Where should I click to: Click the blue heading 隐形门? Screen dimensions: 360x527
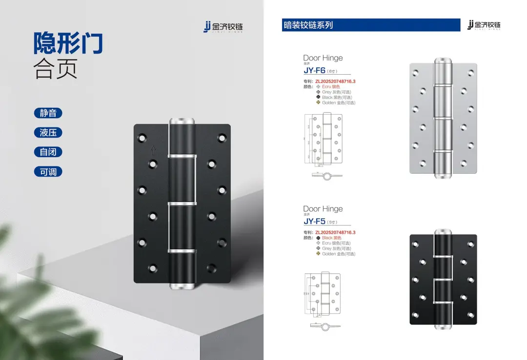coord(68,43)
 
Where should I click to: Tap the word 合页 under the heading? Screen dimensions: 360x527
coord(55,70)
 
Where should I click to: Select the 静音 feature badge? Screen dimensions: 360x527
coord(48,113)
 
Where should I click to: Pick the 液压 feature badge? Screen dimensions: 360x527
coord(48,133)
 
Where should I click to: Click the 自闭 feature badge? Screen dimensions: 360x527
coord(48,152)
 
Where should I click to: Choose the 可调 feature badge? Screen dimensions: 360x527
coord(48,172)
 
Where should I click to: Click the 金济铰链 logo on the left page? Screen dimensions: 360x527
coord(223,27)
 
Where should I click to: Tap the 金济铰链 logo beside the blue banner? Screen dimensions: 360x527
coord(484,25)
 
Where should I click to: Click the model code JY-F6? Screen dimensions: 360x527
coord(314,70)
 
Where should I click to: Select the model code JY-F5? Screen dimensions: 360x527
coord(314,221)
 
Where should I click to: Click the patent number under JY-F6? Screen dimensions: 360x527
coord(335,81)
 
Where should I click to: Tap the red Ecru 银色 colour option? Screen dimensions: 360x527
coord(331,87)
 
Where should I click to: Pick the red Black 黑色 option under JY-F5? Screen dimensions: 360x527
coord(331,238)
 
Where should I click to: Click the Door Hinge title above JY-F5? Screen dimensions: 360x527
coord(323,209)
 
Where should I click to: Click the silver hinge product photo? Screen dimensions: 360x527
coord(443,118)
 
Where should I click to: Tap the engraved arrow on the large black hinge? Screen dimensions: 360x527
coord(153,150)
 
